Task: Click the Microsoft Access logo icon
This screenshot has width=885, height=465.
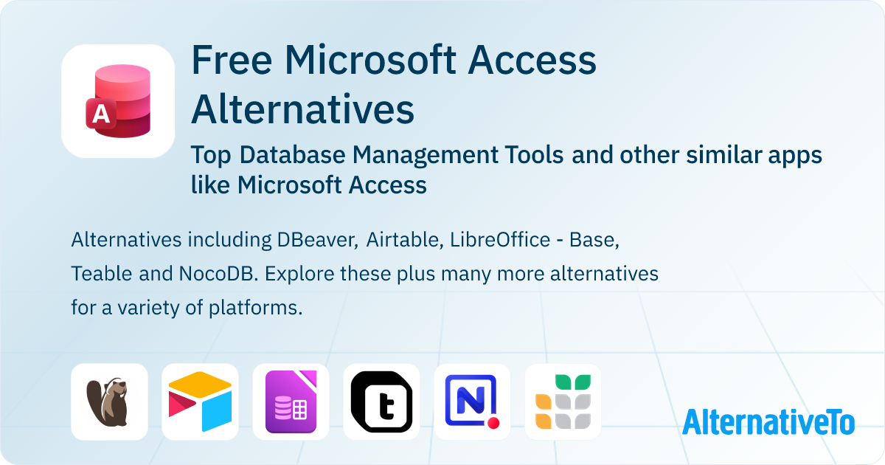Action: click(118, 101)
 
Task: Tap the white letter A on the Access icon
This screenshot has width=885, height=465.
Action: click(99, 114)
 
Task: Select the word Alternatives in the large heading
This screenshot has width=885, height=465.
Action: click(302, 109)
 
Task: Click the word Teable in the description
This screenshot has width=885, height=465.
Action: click(102, 274)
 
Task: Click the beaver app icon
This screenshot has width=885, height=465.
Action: click(109, 402)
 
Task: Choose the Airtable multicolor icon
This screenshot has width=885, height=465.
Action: click(200, 402)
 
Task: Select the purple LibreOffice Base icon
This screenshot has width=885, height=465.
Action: click(291, 402)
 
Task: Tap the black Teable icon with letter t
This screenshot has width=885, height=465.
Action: click(381, 402)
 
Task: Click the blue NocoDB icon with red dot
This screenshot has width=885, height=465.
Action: click(472, 402)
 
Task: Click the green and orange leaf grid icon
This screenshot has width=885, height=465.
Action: click(563, 402)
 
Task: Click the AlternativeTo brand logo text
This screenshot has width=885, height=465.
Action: click(768, 422)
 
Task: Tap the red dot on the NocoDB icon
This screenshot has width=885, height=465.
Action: click(493, 424)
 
